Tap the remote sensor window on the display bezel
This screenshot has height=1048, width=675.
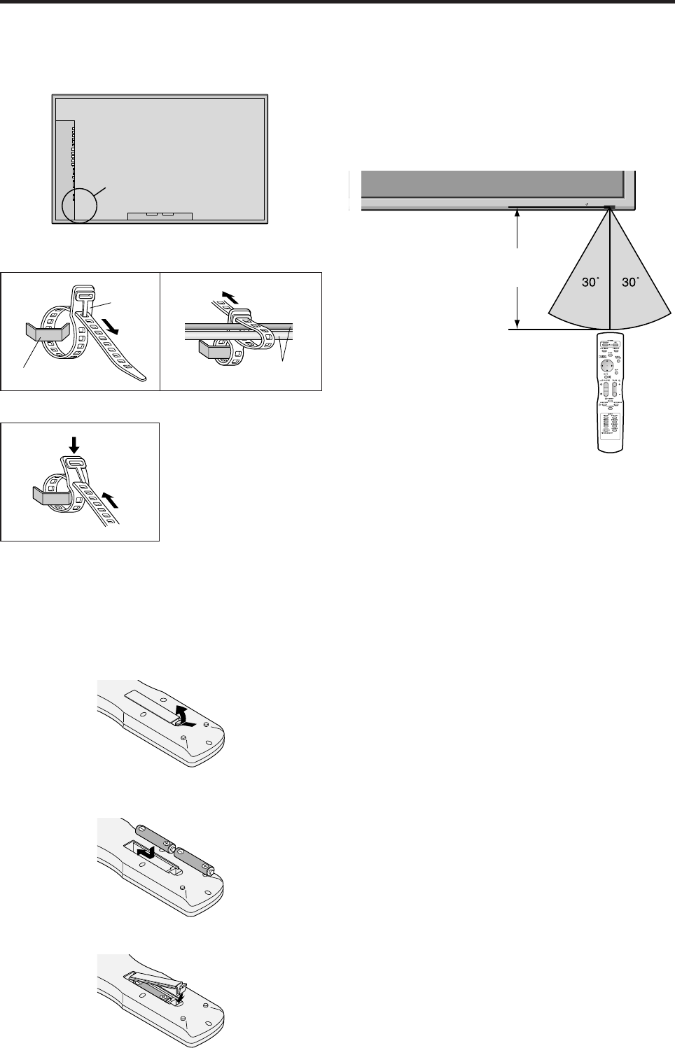[x=608, y=207]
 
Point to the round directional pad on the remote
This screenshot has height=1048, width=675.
[x=609, y=365]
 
